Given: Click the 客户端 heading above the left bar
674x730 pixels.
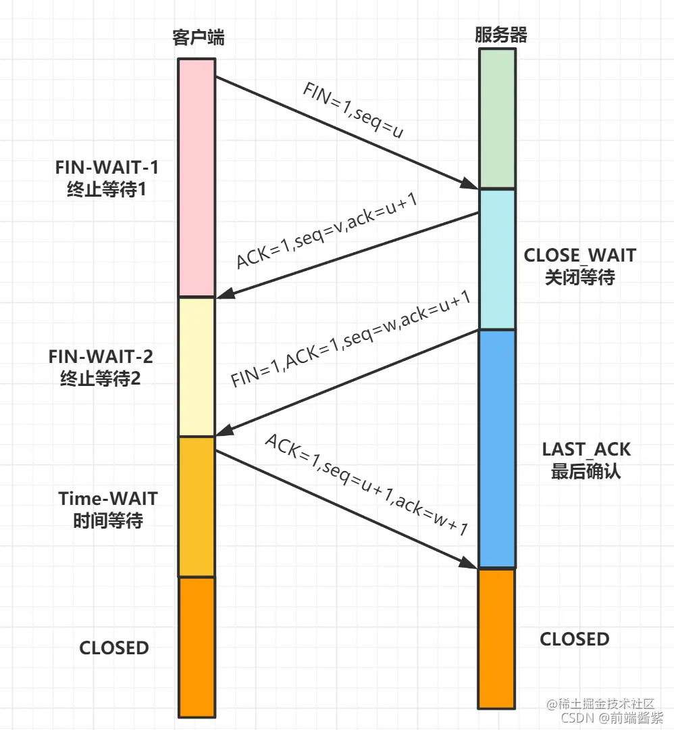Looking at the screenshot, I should click(197, 37).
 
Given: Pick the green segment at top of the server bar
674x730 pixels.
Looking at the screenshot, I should click(497, 118).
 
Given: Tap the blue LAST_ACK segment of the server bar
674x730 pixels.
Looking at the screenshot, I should click(496, 449).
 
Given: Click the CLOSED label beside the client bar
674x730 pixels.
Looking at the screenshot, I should click(114, 648).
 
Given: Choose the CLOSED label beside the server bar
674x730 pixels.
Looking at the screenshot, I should click(574, 639).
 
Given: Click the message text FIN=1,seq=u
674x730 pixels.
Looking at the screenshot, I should click(353, 111).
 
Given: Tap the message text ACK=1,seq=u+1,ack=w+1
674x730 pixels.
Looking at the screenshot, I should click(366, 485).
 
